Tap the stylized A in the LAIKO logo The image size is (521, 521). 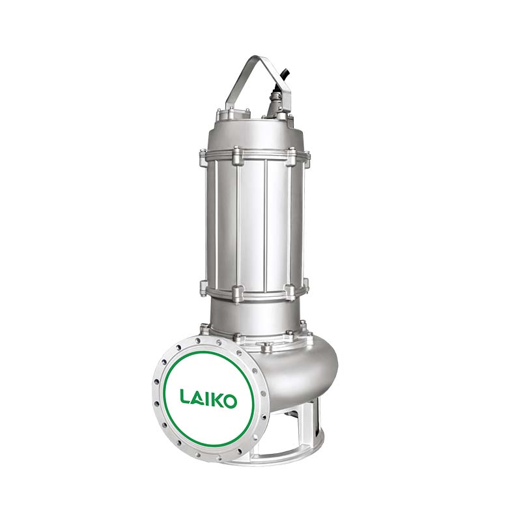click(x=198, y=397)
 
